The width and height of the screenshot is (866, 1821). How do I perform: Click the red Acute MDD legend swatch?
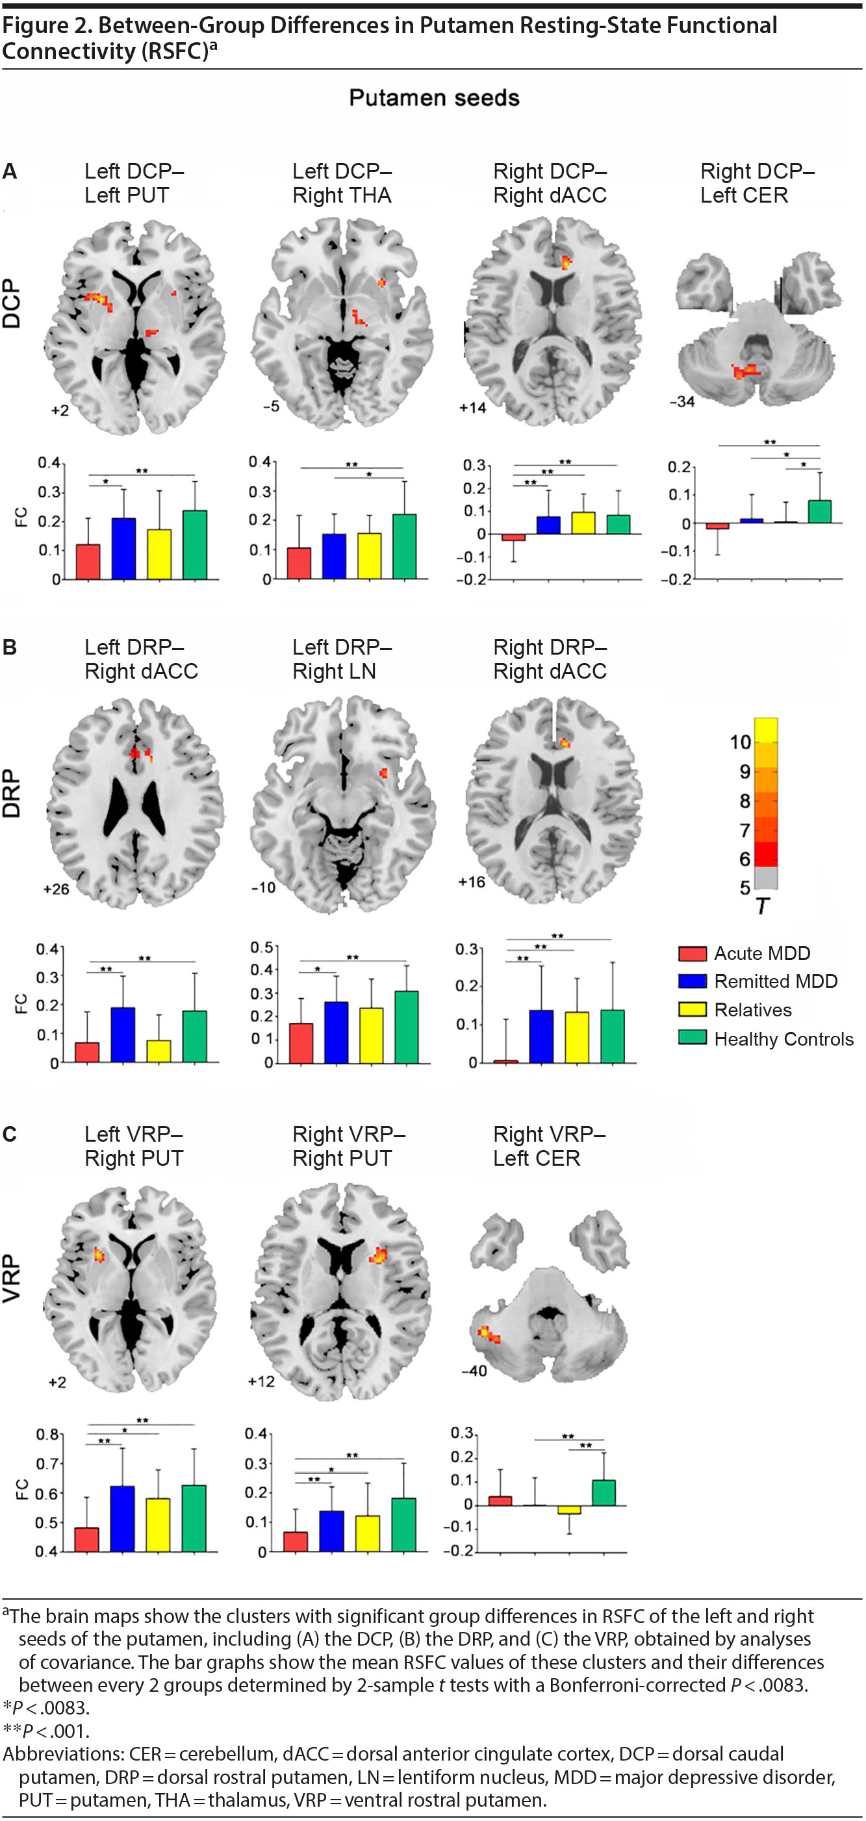coord(692,953)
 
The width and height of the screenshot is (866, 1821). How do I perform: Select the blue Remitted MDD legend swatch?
coord(692,981)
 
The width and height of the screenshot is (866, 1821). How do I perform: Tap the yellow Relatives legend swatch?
coord(692,1009)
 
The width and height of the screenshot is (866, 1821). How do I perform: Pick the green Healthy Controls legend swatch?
coord(692,1038)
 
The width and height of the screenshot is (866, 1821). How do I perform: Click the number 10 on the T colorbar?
coord(740,742)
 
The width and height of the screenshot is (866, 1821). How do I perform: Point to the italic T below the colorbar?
coord(762,905)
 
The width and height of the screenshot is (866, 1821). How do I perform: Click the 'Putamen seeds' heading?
coord(434,97)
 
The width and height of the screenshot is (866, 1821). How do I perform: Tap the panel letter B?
coord(10,647)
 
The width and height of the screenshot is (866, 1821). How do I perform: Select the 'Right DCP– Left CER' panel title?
coord(756,183)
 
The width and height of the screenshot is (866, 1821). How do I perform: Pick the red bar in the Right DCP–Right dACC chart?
coord(513,537)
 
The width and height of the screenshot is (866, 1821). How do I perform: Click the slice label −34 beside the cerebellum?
coord(681,401)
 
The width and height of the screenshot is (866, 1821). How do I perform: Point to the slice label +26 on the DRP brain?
coord(57,888)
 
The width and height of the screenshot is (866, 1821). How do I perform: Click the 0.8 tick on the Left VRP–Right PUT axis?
coord(48,1435)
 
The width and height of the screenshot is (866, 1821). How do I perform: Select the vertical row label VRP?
coord(12,1278)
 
